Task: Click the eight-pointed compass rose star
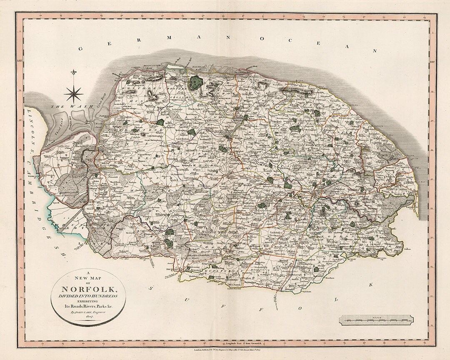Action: click(74, 93)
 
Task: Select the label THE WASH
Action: click(64, 107)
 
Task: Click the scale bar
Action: click(377, 320)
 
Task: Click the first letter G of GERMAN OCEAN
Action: click(81, 48)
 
